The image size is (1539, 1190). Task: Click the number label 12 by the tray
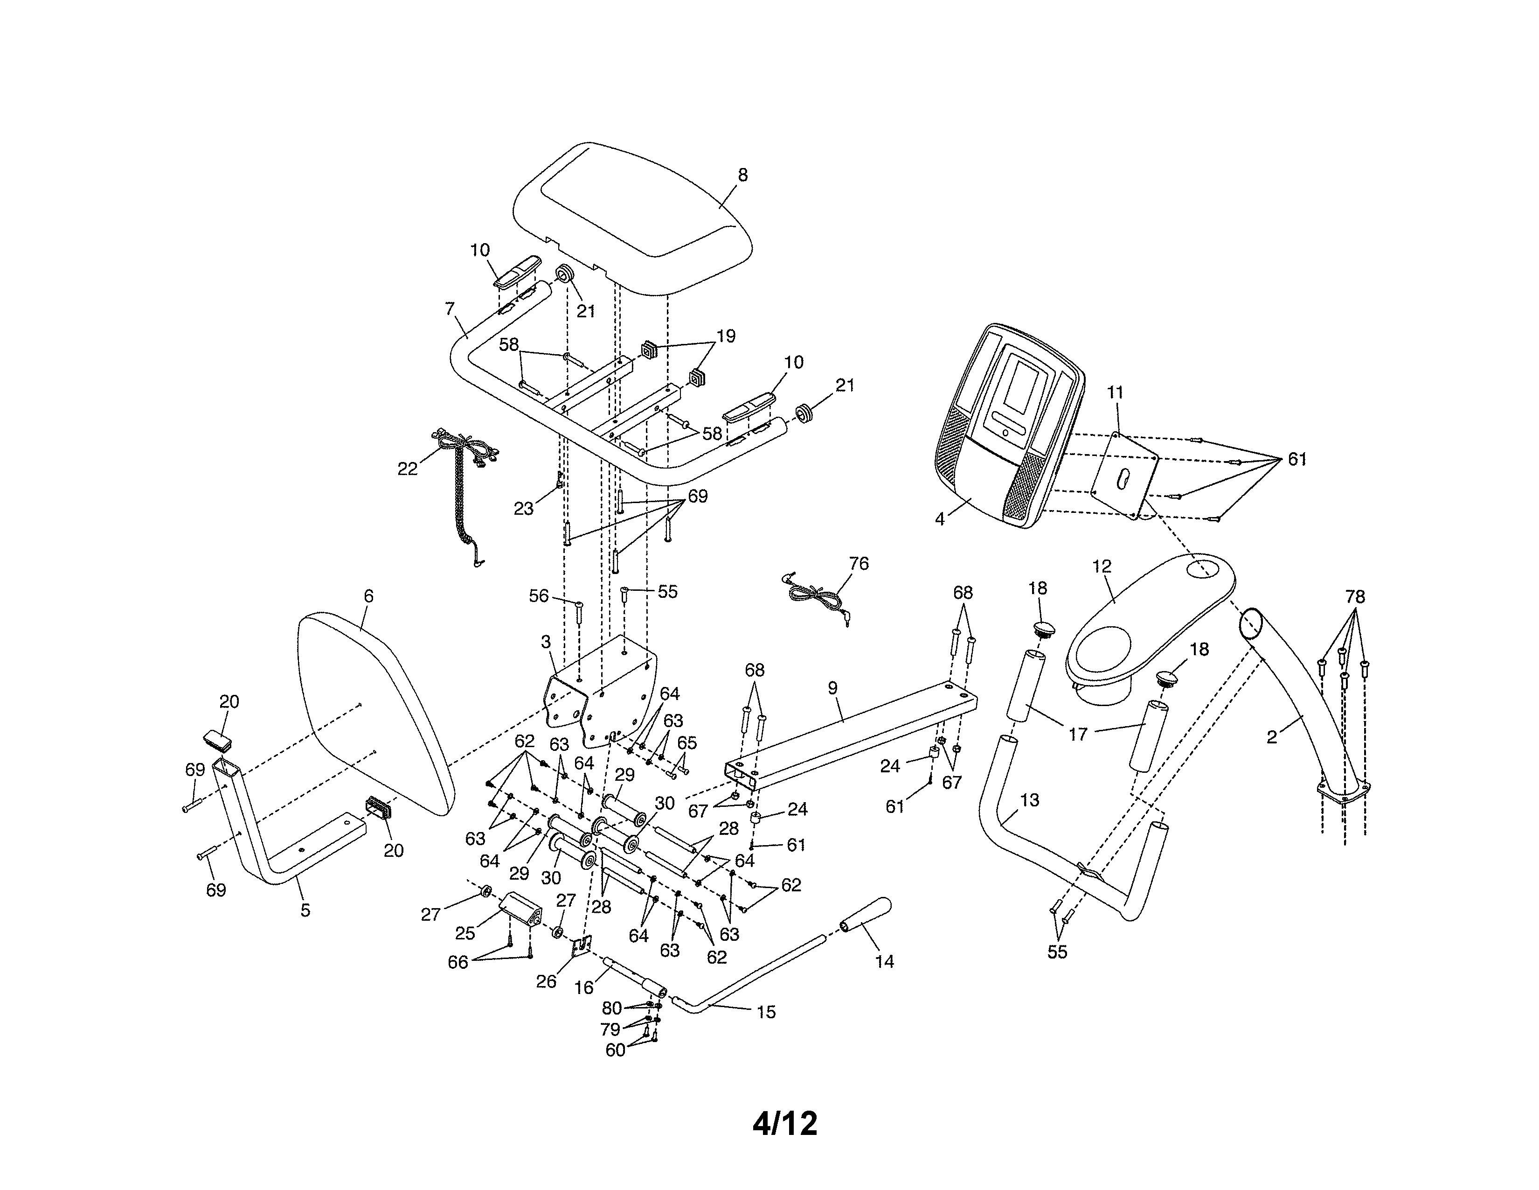click(x=1102, y=566)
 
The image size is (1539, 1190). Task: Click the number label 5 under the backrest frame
click(x=305, y=910)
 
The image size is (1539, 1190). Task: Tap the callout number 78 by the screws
click(x=1354, y=597)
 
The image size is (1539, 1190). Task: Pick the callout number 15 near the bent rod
click(x=765, y=1012)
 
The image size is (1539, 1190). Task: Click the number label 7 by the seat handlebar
click(x=450, y=309)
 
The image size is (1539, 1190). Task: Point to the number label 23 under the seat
click(x=523, y=508)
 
